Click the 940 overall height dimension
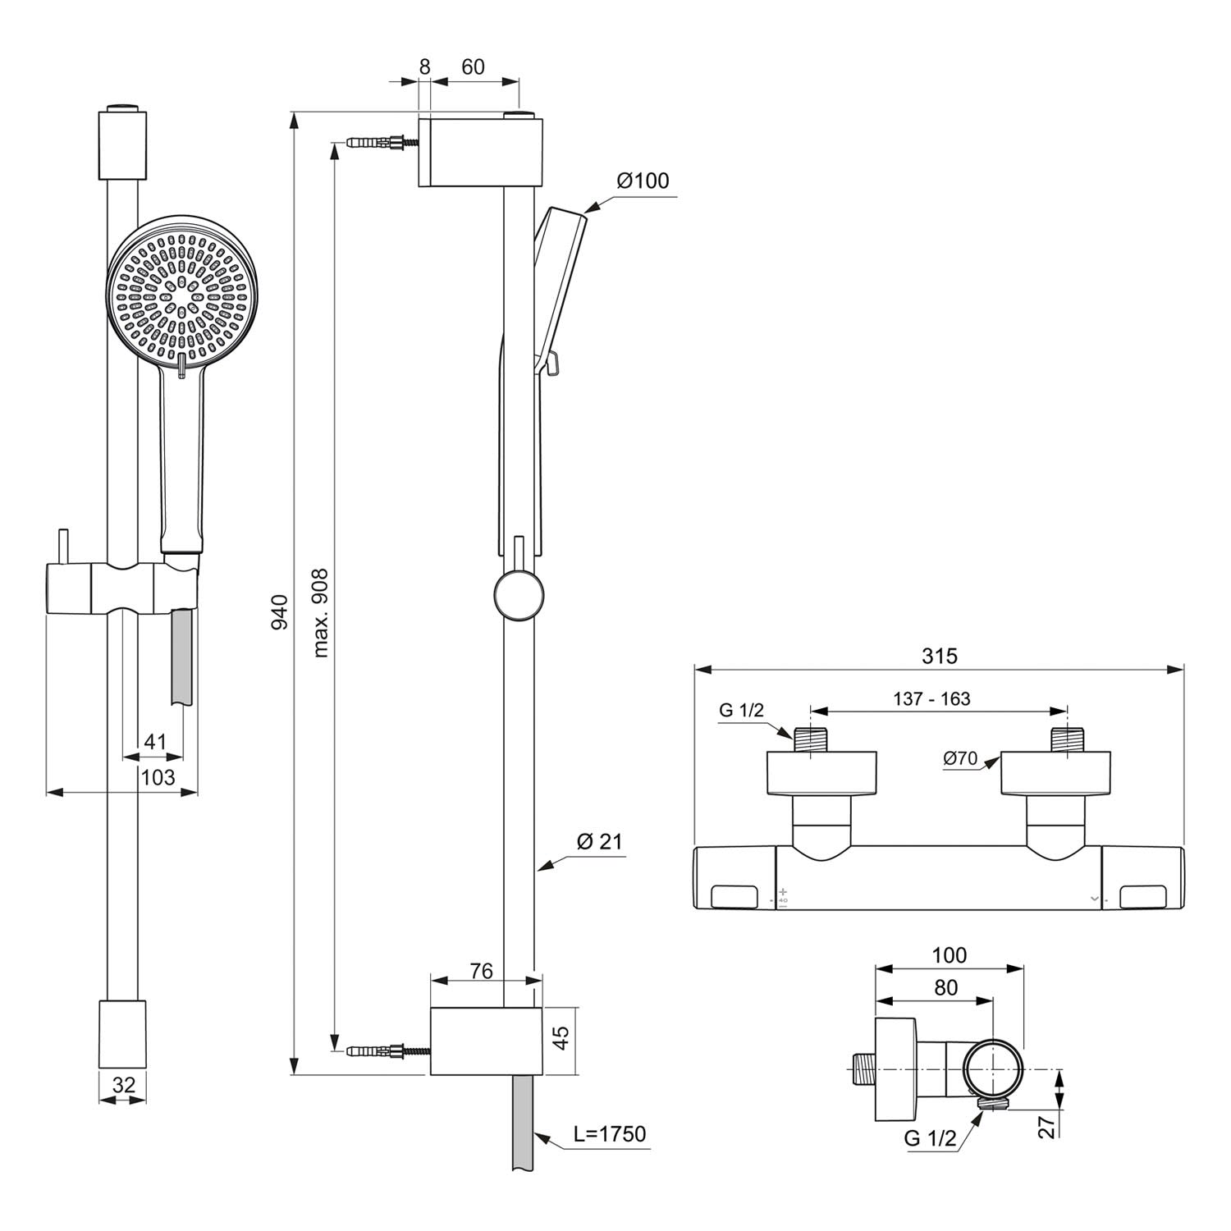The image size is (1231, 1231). coord(280,612)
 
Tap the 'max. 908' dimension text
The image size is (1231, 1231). coord(320,613)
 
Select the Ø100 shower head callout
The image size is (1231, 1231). coord(643,181)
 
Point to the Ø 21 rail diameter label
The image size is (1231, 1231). coord(600,841)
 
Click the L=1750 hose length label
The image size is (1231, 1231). coord(610,1133)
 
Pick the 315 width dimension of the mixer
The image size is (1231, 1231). coord(939,656)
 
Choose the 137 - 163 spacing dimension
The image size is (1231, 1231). coord(931,698)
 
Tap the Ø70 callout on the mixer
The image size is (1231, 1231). coord(961,758)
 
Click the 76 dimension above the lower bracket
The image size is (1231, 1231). coord(481,971)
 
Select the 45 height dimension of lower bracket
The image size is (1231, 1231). coord(561,1037)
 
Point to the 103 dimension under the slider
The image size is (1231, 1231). coord(158,776)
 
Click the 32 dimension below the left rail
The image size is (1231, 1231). coord(123,1084)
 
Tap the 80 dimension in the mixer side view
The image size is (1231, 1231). coord(945,987)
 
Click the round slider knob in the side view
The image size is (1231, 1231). coord(518,596)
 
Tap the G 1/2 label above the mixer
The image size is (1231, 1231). coord(741,710)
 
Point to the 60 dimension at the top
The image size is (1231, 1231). coord(474,67)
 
